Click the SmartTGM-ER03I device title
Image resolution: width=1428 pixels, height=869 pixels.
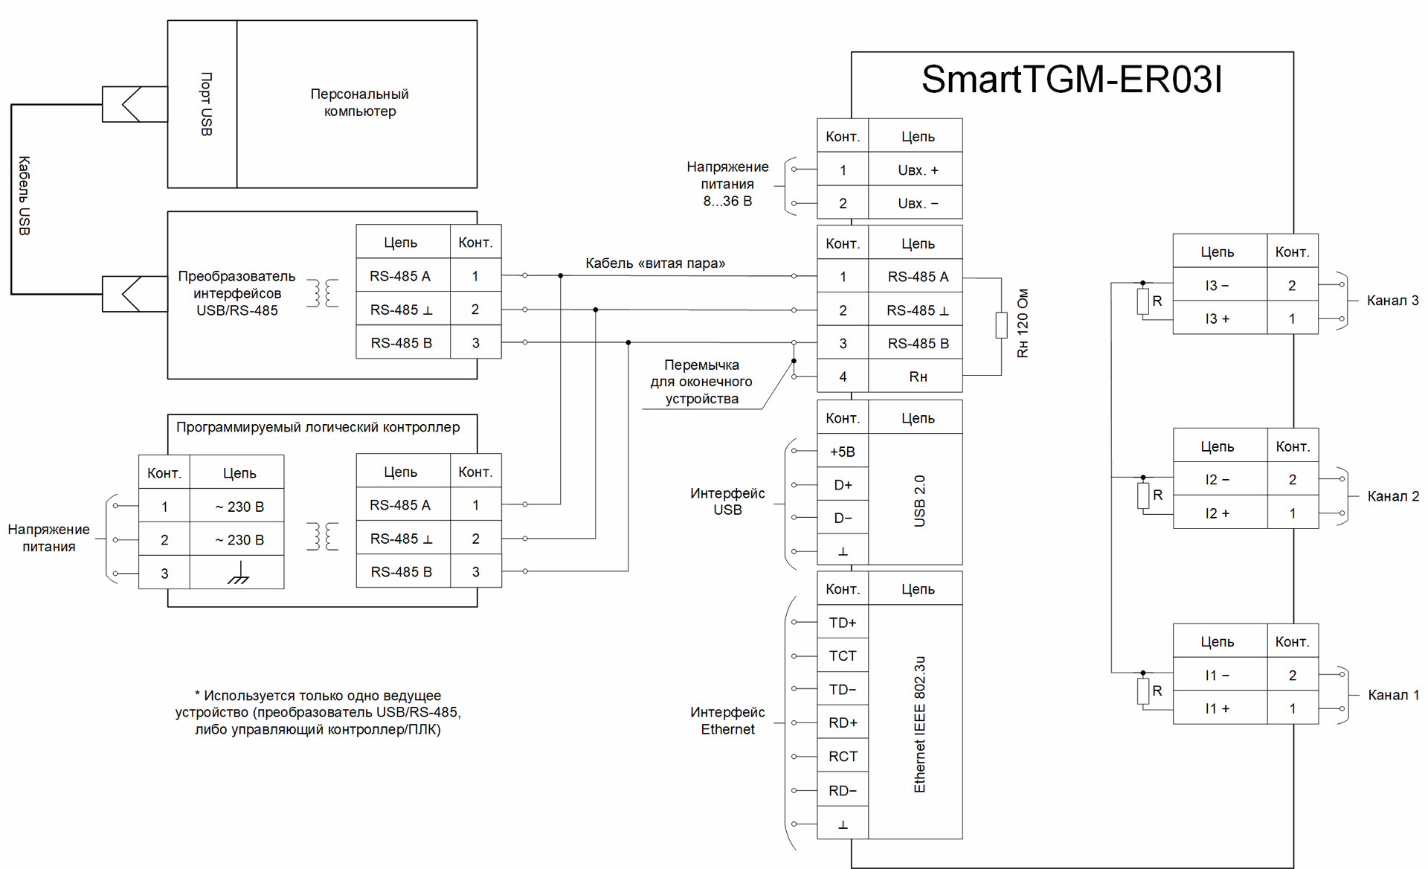tap(1071, 80)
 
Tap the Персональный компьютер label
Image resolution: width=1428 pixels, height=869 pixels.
tap(359, 103)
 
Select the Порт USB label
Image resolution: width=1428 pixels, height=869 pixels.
tap(206, 104)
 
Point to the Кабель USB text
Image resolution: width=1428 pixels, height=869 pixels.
tap(24, 196)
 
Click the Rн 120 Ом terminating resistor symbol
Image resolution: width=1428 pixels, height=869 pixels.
tap(1001, 325)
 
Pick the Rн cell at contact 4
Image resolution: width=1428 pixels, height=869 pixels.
tap(918, 376)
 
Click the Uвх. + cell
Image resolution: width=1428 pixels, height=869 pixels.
tap(918, 170)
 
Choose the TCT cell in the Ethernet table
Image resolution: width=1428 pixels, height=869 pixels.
tap(843, 655)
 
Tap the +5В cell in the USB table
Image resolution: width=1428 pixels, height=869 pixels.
tap(843, 452)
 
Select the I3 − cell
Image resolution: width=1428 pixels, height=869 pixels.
tap(1218, 285)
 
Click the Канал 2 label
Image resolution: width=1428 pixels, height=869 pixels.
tap(1393, 496)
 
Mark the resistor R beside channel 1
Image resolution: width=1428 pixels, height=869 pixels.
tap(1143, 691)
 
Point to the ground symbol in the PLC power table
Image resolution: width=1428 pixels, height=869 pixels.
tap(238, 573)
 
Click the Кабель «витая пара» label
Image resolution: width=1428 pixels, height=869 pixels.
tap(654, 263)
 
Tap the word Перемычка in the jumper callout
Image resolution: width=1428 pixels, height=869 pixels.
tap(701, 365)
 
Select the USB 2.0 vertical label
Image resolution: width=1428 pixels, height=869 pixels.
tap(920, 501)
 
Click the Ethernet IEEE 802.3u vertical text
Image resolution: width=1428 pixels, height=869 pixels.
tap(920, 724)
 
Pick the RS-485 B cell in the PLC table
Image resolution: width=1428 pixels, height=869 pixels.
tap(401, 571)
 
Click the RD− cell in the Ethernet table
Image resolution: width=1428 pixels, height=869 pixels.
tap(843, 790)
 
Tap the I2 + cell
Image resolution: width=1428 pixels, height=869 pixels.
tap(1218, 513)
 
